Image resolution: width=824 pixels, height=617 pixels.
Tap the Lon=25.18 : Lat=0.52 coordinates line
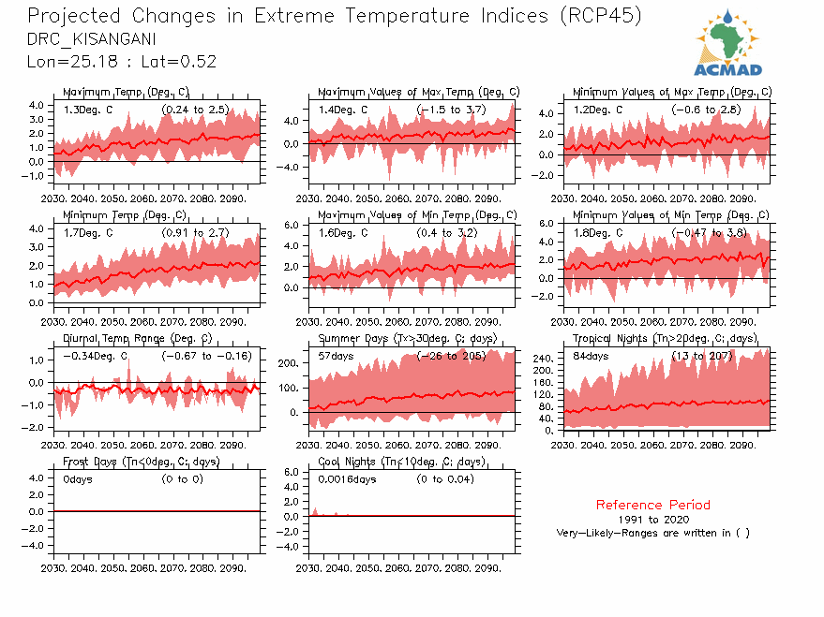pyautogui.click(x=122, y=61)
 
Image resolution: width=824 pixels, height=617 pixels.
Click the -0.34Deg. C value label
pyautogui.click(x=95, y=357)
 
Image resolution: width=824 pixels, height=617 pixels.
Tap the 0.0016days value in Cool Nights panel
pyautogui.click(x=347, y=479)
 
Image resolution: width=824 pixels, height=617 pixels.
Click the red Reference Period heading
pyautogui.click(x=653, y=505)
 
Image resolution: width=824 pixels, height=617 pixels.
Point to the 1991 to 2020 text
pyautogui.click(x=653, y=519)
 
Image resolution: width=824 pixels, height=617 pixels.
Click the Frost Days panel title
pyautogui.click(x=141, y=462)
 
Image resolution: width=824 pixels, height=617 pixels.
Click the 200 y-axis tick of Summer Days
pyautogui.click(x=289, y=362)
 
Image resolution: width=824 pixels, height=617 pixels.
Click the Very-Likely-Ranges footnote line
pyautogui.click(x=653, y=533)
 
